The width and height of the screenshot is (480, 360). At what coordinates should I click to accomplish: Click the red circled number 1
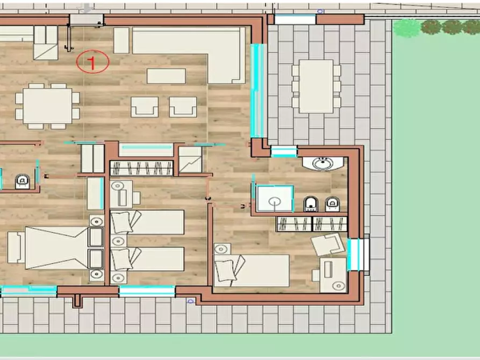coord(92,62)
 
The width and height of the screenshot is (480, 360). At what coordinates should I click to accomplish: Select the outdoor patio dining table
coord(316,87)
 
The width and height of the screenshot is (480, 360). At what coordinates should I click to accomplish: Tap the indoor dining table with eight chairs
coord(47,106)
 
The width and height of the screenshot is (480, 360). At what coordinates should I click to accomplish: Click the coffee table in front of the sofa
coord(166,76)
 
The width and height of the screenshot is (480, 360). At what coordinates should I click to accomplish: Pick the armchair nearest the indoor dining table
coord(145,107)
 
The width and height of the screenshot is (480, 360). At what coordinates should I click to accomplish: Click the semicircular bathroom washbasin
coord(323,163)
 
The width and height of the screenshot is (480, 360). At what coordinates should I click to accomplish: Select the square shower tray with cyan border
coord(275,198)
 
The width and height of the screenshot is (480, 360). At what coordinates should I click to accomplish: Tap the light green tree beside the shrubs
coord(406,28)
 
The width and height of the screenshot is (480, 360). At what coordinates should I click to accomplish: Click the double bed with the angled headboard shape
coord(56,248)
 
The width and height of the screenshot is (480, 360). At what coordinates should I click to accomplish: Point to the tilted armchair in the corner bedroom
coord(327,244)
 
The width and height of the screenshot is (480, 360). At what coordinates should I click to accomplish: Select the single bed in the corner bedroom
coord(252,271)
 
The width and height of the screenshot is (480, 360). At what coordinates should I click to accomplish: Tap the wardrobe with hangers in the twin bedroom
coord(141,168)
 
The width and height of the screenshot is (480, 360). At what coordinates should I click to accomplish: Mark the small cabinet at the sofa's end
coord(121,40)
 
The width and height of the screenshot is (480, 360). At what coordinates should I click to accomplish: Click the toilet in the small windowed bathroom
coord(23,182)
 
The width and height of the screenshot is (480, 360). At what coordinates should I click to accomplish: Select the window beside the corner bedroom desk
coord(357,255)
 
